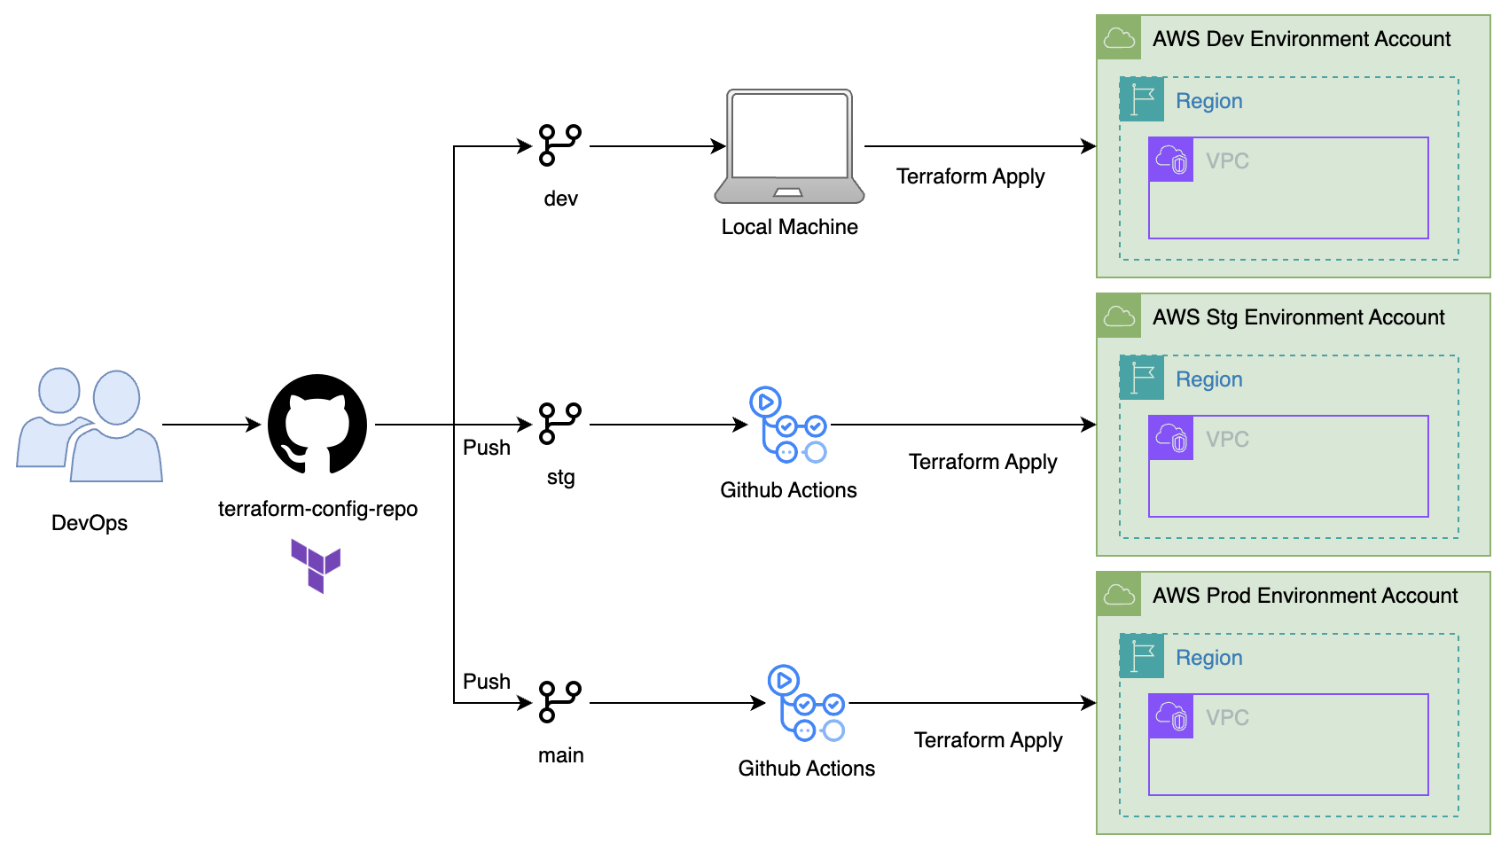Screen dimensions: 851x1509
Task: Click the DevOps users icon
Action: point(90,425)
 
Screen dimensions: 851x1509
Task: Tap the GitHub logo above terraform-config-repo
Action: point(317,424)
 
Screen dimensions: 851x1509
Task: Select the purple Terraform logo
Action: point(316,565)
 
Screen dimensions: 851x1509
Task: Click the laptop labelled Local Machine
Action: point(789,146)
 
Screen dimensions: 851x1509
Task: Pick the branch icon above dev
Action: point(560,145)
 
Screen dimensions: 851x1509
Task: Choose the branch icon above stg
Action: point(560,424)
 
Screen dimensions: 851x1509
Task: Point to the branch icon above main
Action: point(560,702)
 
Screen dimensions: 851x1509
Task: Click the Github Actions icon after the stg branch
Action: point(788,425)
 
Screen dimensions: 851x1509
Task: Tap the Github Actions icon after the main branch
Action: point(806,703)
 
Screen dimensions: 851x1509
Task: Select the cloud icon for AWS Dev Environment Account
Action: point(1119,38)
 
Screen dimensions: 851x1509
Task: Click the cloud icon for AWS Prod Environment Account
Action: point(1119,595)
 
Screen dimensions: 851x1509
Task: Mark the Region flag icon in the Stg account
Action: point(1142,378)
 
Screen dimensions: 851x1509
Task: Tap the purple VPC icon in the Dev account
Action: point(1171,160)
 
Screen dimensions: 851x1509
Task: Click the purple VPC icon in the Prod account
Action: point(1171,716)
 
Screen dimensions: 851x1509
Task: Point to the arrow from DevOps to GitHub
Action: point(211,425)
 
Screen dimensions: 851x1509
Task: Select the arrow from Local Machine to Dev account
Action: point(980,146)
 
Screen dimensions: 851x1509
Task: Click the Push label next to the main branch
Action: point(487,682)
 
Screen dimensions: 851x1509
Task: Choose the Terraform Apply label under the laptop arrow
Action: point(970,176)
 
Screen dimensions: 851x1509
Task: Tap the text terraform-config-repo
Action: point(317,509)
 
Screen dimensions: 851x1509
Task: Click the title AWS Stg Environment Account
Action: point(1298,317)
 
